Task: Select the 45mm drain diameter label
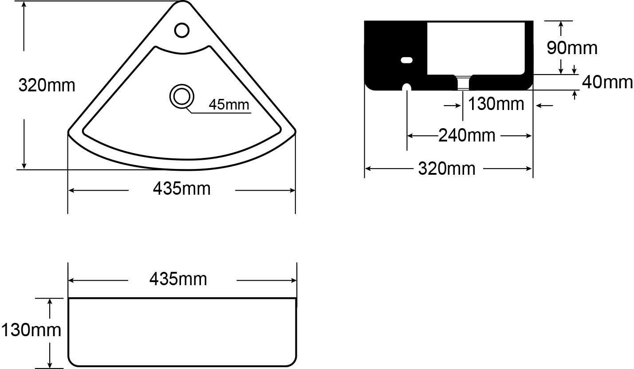[x=229, y=105]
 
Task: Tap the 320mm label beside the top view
[x=47, y=85]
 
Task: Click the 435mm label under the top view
[x=182, y=189]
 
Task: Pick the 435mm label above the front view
[x=178, y=279]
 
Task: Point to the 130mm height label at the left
[x=31, y=330]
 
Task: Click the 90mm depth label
[x=572, y=48]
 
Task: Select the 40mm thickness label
[x=607, y=82]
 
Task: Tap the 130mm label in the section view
[x=496, y=104]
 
